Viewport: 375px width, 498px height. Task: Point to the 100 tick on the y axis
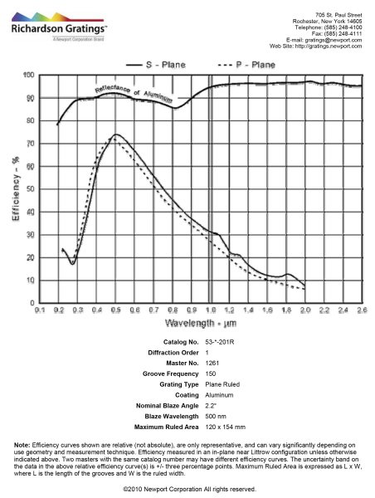coord(29,76)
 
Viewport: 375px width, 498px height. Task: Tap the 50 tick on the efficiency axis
coord(29,189)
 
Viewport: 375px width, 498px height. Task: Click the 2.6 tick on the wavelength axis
coord(361,310)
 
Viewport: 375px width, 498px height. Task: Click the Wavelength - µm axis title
coord(200,322)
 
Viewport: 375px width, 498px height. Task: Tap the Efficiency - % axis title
coord(15,190)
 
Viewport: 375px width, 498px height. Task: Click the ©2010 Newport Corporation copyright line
coord(187,490)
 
